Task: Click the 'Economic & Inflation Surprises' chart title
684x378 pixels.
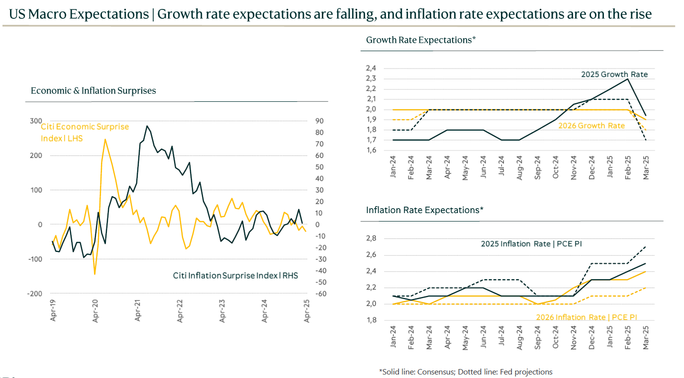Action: point(93,91)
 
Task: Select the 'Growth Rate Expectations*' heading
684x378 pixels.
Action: point(421,40)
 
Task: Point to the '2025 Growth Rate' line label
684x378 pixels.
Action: point(614,75)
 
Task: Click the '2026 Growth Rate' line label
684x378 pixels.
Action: point(591,126)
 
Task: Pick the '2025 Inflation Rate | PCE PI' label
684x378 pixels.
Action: point(531,244)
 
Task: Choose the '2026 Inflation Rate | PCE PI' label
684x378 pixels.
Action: point(586,317)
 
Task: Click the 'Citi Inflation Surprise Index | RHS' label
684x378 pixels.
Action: point(235,275)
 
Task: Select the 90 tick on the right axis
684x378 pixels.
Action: point(319,121)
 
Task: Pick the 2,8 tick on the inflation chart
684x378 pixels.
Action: point(371,239)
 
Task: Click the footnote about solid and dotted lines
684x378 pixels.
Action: point(466,372)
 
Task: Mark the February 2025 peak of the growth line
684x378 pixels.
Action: point(628,79)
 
